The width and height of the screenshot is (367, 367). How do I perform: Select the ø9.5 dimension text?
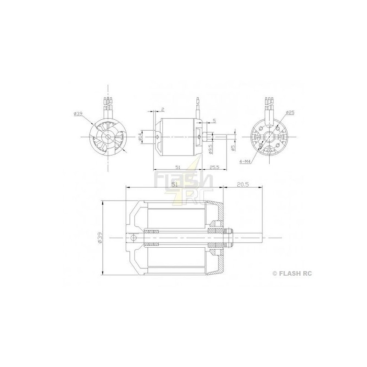coord(210,149)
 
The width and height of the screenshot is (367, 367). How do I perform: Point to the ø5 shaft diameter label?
coord(233,148)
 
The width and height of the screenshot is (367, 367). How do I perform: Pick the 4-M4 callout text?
coord(247,161)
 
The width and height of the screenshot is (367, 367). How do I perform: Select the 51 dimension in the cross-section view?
coord(174,183)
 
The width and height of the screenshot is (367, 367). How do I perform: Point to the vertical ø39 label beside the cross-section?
coord(100,237)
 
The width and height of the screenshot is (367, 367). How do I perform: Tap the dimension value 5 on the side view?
coord(214,121)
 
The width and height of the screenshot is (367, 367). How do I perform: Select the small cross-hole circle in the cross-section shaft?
coord(133,238)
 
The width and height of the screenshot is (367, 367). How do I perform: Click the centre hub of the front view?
coord(107,137)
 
